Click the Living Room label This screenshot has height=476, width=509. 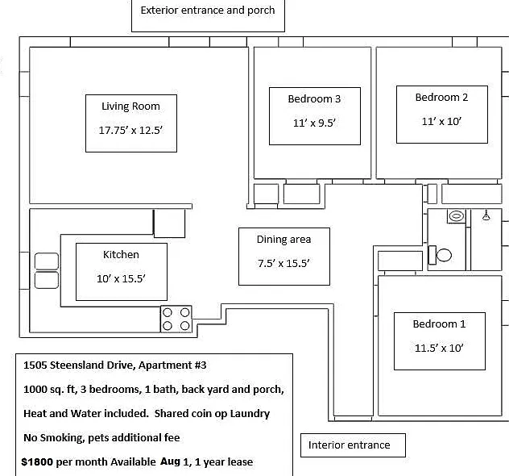[130, 106]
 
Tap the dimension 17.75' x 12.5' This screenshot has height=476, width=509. [130, 131]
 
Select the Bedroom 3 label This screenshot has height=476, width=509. [314, 99]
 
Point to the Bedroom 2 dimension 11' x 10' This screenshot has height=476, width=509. [441, 122]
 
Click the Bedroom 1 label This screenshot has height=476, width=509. [439, 324]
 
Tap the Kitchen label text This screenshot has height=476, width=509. [121, 255]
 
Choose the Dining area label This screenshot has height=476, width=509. [283, 240]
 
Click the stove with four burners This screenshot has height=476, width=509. [176, 319]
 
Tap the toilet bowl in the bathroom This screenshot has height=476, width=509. [444, 255]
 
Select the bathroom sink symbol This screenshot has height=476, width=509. [456, 216]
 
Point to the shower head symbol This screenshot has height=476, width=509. [486, 215]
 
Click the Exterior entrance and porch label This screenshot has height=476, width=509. [208, 10]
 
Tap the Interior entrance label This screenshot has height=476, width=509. [350, 445]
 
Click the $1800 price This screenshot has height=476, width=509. [37, 462]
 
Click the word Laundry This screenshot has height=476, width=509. [250, 414]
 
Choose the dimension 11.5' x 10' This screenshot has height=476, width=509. [439, 349]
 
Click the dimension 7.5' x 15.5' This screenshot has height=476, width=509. [283, 263]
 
